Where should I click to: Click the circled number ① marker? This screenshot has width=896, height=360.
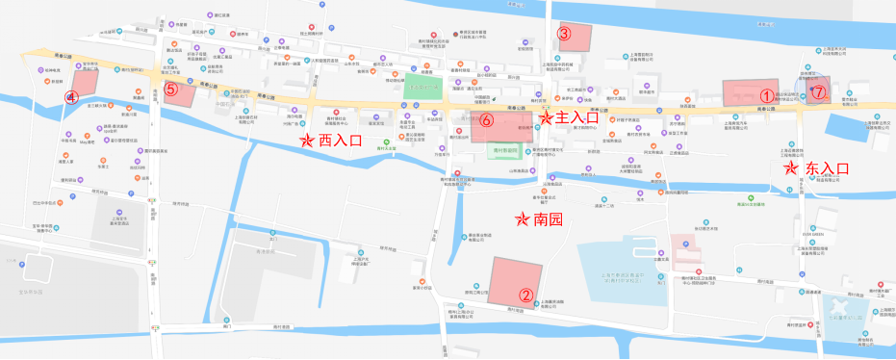tap(766, 95)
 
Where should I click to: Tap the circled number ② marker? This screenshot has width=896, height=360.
tap(525, 296)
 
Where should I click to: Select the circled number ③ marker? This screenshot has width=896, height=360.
tap(565, 34)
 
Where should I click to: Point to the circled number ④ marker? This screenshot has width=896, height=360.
tap(70, 97)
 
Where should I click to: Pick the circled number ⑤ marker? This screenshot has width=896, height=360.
tap(170, 89)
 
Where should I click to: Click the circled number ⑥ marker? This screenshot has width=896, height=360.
tap(487, 120)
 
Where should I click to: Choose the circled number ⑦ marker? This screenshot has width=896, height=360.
tap(817, 93)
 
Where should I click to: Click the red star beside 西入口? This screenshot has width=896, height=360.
tap(306, 141)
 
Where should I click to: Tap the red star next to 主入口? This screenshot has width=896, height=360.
tap(546, 118)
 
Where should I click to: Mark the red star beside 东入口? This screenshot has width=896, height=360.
tap(791, 167)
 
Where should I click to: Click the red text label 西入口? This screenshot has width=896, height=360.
tap(339, 141)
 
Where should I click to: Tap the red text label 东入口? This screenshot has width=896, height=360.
tap(826, 167)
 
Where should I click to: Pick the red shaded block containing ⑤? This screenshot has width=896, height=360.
tap(179, 94)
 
